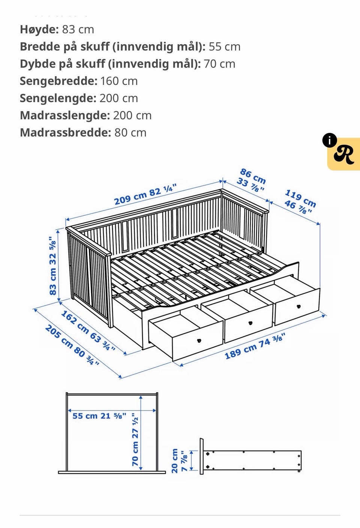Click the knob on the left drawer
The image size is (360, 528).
(x=199, y=341)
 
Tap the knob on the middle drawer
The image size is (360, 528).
(x=250, y=323)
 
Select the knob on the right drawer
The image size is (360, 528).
(x=299, y=306)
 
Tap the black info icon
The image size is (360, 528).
(x=329, y=140)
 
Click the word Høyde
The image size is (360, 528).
(x=39, y=29)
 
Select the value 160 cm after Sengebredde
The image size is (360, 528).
(x=119, y=81)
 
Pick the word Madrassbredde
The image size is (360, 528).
(x=65, y=132)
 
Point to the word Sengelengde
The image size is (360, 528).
(x=58, y=98)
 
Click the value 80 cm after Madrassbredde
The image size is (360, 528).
(x=130, y=132)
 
